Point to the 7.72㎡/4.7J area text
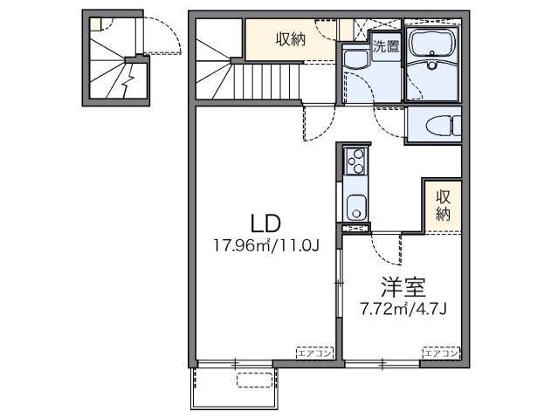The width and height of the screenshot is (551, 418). [x=403, y=308]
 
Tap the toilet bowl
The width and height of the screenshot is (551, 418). [x=433, y=127]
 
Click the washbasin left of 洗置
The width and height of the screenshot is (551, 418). [x=355, y=61]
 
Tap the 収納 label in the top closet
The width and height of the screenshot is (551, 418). [x=292, y=39]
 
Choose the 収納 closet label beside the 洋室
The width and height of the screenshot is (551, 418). [x=444, y=204]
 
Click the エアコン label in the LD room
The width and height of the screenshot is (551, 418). [x=315, y=353]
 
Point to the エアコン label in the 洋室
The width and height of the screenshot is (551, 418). [x=441, y=353]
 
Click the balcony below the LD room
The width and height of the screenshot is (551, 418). [x=235, y=385]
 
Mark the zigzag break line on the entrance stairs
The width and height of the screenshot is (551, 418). [x=130, y=83]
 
